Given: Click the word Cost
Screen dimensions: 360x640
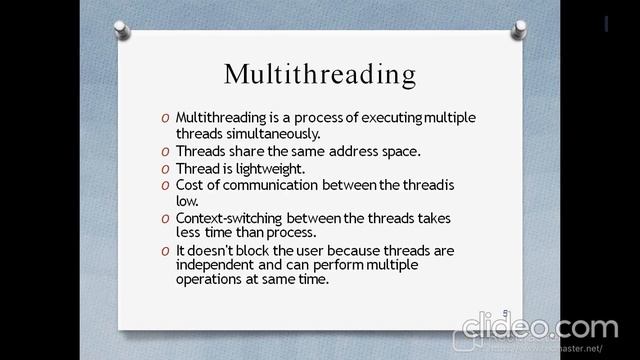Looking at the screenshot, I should tap(190, 185).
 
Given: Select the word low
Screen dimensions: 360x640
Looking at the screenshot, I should tap(186, 200).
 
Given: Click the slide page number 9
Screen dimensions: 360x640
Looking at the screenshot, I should tap(506, 313).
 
